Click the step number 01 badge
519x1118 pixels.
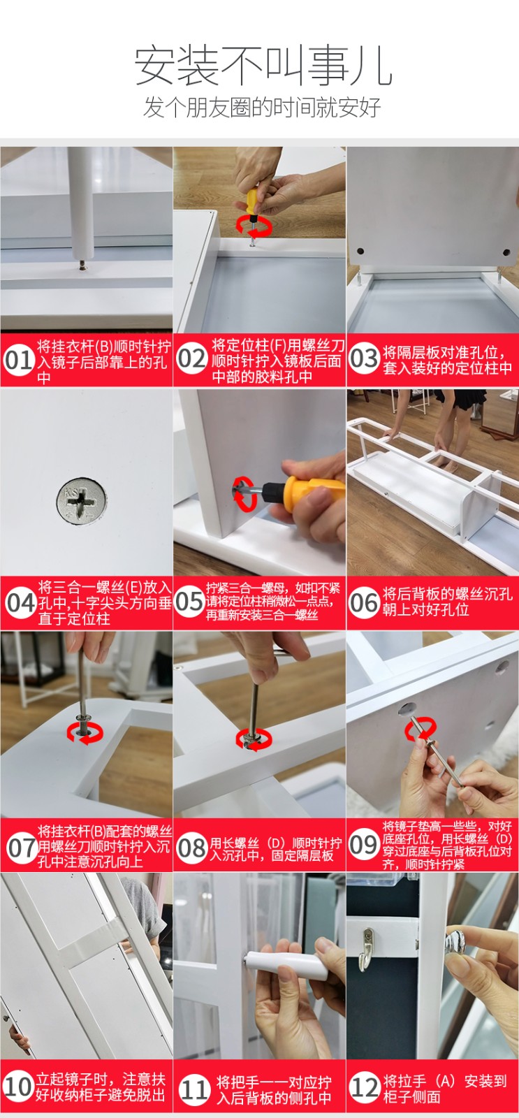pos(18,361)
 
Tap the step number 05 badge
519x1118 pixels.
pos(189,602)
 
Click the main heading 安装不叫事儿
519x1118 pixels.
pos(263,66)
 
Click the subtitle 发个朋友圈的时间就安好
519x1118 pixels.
pos(263,107)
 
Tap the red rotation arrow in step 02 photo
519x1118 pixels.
pos(254,225)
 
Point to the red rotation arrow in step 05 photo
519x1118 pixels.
pos(244,493)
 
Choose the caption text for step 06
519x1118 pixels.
pos(447,602)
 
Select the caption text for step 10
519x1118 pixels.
pos(100,1087)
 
